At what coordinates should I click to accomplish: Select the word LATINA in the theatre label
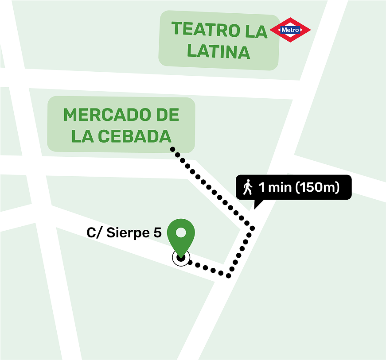tap(218, 52)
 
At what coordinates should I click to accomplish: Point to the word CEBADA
tap(134, 136)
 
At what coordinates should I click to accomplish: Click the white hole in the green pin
tap(181, 232)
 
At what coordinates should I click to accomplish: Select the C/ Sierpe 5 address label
tap(124, 233)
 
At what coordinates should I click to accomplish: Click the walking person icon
tap(247, 187)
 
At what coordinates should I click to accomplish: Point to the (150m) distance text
tap(317, 187)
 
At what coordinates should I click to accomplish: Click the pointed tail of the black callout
tap(256, 205)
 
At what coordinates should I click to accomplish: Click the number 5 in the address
tap(157, 233)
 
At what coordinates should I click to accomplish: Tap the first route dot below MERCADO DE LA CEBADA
tap(173, 149)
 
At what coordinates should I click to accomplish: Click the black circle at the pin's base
tap(180, 257)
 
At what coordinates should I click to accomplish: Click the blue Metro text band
tap(290, 30)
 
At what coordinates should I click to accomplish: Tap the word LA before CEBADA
tap(82, 136)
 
